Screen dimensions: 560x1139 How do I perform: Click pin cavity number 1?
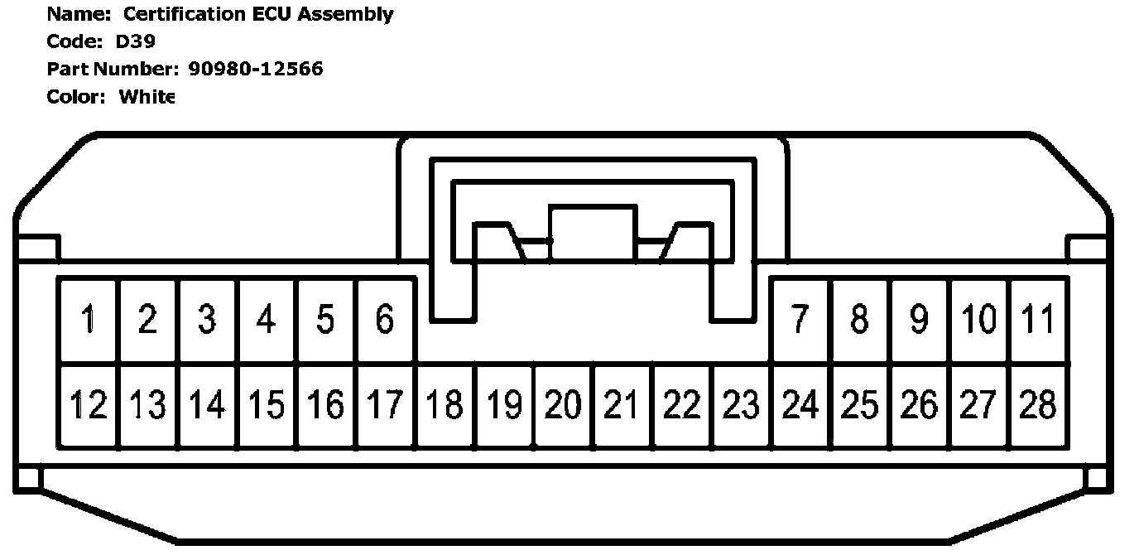click(x=88, y=320)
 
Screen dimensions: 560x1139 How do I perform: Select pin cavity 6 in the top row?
click(x=385, y=320)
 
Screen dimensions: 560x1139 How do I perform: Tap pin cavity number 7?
click(x=800, y=320)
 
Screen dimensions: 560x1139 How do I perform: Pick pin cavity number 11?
click(x=1038, y=320)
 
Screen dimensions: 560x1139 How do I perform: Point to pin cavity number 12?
click(x=88, y=405)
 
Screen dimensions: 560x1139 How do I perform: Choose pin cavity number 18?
click(x=445, y=405)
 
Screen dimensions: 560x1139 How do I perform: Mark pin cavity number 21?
click(x=622, y=405)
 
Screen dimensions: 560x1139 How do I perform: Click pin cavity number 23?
click(x=741, y=405)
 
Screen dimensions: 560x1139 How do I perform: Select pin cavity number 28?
click(x=1038, y=405)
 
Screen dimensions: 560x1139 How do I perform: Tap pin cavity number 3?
click(x=207, y=320)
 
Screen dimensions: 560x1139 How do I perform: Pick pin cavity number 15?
click(x=267, y=405)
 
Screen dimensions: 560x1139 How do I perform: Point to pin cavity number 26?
click(x=919, y=405)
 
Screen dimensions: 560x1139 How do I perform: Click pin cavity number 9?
click(x=919, y=320)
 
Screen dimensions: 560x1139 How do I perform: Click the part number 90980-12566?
click(x=256, y=69)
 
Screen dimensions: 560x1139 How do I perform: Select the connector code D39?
click(x=135, y=41)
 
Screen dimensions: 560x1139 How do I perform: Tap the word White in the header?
click(x=147, y=96)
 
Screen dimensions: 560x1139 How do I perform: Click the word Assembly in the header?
click(x=353, y=14)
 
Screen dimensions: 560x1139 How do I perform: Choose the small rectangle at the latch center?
click(x=593, y=234)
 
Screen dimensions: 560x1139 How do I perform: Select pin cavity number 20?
click(x=563, y=405)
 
